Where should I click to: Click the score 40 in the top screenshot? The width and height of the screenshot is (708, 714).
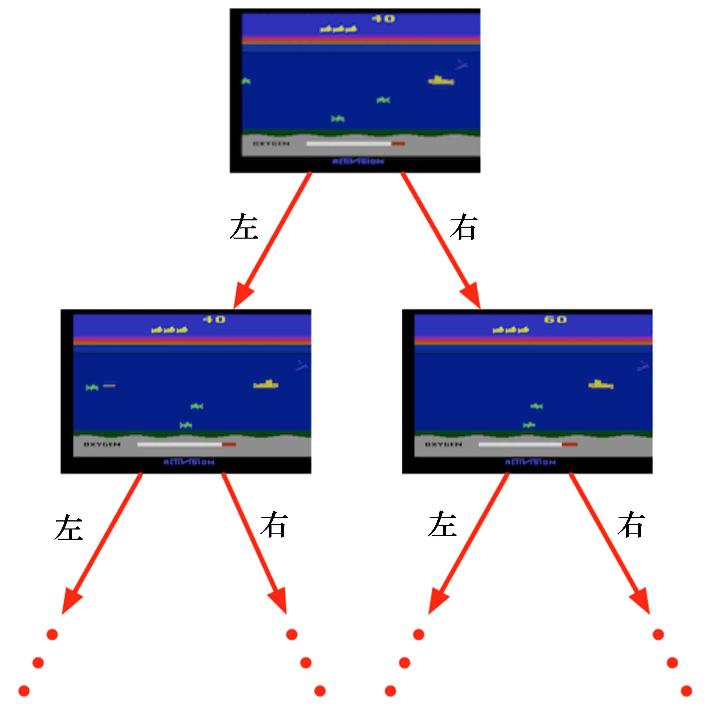[383, 18]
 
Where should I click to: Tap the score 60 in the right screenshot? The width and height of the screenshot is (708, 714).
[555, 319]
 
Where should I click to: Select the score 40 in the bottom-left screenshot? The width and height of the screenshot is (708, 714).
[214, 319]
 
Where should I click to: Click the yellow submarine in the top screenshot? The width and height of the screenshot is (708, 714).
[441, 80]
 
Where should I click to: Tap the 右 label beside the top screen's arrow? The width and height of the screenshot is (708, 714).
[464, 227]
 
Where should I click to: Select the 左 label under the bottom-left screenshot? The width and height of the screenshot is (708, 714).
[69, 527]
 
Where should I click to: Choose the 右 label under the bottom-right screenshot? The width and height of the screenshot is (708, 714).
[631, 524]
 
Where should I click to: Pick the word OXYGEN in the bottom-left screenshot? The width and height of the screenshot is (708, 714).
[102, 444]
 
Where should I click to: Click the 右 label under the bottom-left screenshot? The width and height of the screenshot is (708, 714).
[274, 524]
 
